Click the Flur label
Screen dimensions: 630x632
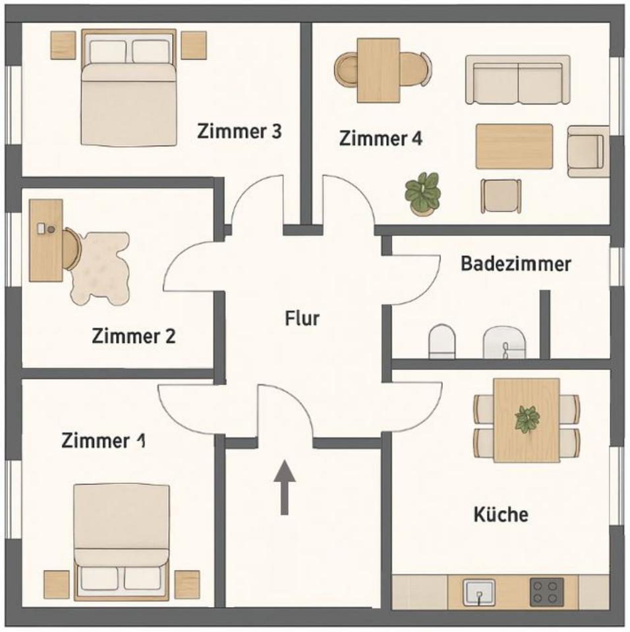[302, 319]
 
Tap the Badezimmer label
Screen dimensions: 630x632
[515, 265]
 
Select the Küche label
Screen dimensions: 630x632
[501, 513]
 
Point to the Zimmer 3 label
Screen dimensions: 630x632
[239, 132]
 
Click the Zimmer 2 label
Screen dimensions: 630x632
[134, 336]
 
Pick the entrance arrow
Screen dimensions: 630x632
[284, 487]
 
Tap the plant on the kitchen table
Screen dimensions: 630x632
[527, 419]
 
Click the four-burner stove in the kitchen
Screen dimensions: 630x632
[547, 591]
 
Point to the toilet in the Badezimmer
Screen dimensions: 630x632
[442, 342]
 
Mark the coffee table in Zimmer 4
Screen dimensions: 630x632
[514, 146]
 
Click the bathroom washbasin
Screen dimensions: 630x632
[504, 342]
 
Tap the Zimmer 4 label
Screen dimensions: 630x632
[381, 139]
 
